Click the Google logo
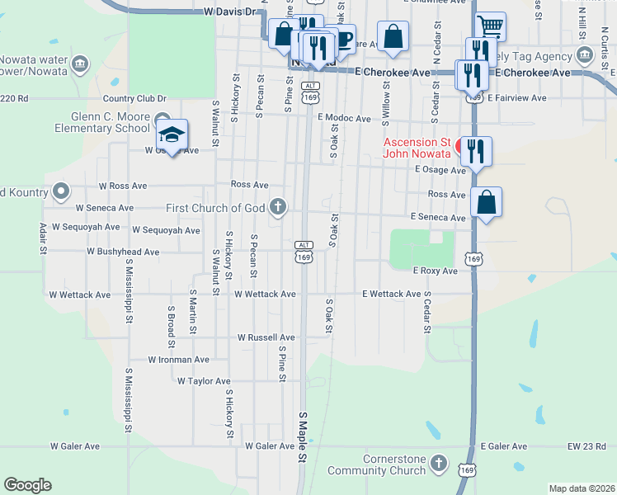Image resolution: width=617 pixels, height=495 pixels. tap(27, 485)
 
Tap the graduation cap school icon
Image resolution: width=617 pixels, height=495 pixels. tap(172, 134)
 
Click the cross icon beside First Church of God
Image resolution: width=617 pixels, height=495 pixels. tap(279, 207)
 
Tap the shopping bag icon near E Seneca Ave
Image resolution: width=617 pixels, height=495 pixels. tap(487, 202)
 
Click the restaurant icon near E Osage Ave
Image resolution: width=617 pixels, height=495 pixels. tap(476, 151)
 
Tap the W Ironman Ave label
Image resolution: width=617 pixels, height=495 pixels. tap(179, 360)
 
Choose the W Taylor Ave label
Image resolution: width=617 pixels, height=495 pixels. tap(204, 381)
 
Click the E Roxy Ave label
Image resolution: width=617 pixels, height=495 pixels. tap(435, 271)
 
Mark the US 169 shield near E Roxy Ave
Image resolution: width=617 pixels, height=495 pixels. tap(473, 259)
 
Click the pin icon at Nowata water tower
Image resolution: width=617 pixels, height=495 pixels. tap(80, 62)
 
